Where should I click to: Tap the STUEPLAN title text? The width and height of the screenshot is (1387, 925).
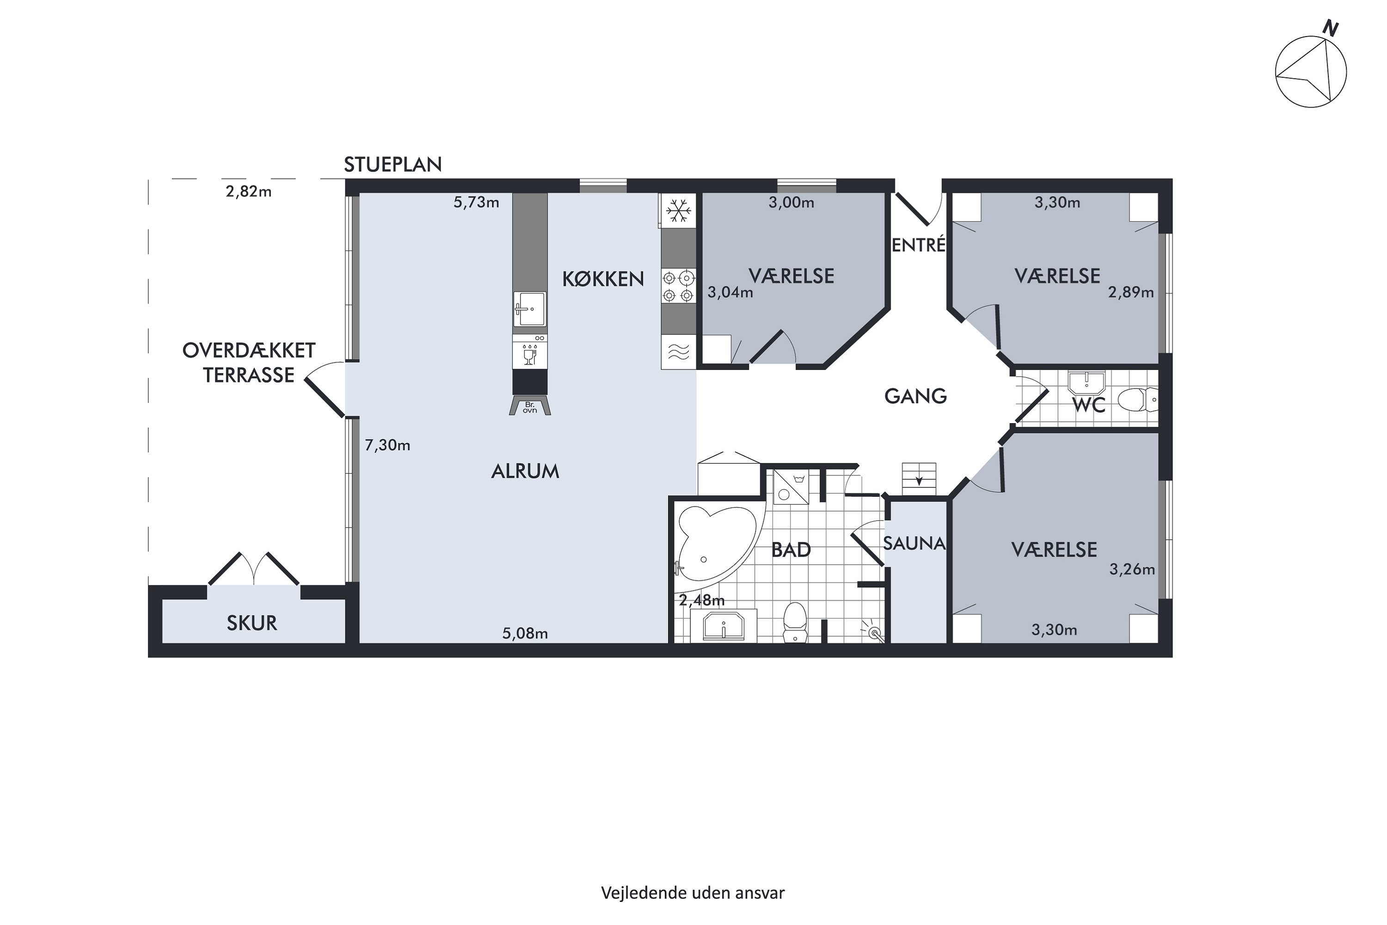tap(393, 165)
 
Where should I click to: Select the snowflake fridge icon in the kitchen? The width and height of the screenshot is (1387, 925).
tap(678, 210)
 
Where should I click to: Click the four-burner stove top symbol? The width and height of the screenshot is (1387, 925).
tap(678, 286)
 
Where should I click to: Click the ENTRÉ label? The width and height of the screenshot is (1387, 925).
tap(918, 244)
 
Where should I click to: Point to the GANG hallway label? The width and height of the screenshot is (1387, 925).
tap(915, 396)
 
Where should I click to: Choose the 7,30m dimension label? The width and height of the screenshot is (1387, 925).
tap(387, 445)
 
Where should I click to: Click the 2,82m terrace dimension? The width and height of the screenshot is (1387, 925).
tap(248, 192)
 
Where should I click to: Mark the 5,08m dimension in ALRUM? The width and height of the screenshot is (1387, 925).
tap(525, 634)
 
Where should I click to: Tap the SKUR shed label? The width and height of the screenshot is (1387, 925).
tap(252, 623)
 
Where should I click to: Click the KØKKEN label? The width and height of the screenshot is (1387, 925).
tap(603, 279)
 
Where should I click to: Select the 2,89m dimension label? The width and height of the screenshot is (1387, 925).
tap(1130, 293)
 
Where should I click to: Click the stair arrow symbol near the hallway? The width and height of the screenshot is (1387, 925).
tap(919, 480)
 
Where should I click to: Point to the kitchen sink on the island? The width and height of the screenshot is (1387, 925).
tap(529, 308)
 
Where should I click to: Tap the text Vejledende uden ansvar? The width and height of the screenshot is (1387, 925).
tap(693, 893)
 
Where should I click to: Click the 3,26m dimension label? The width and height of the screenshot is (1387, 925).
tap(1132, 569)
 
